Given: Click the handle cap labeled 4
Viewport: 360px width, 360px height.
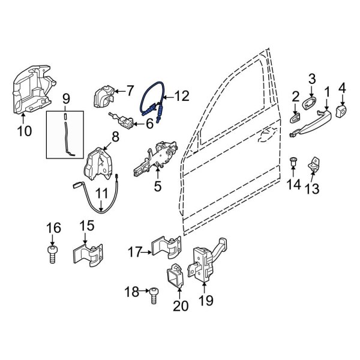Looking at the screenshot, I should [343, 111].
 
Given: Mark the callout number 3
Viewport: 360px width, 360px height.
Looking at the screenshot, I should [312, 79].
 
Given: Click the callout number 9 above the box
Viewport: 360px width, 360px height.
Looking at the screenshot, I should [66, 98].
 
